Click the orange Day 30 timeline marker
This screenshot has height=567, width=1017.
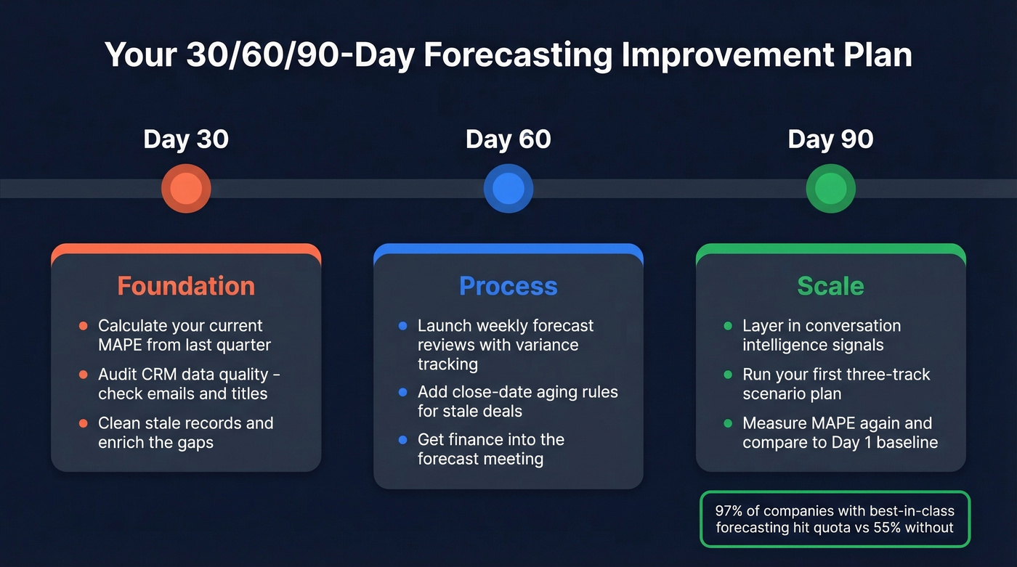(x=186, y=189)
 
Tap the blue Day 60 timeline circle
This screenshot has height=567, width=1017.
(x=508, y=189)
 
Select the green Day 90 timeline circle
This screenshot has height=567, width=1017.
(x=830, y=189)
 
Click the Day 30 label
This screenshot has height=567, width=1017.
(x=186, y=139)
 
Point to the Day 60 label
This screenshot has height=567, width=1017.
(x=508, y=139)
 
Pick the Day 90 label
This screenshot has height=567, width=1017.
(x=830, y=139)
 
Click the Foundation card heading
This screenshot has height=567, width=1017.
(x=186, y=286)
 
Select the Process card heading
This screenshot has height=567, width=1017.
(x=508, y=286)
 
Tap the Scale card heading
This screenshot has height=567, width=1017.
(x=830, y=286)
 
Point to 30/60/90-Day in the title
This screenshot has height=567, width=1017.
(x=279, y=55)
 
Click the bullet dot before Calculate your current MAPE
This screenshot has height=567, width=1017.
(x=83, y=327)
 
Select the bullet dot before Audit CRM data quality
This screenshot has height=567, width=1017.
(x=83, y=375)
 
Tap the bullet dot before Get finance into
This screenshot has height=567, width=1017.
(x=402, y=440)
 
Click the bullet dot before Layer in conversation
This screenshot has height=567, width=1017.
(x=728, y=327)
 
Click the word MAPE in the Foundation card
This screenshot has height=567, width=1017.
(x=122, y=345)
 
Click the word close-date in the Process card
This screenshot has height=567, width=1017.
(x=484, y=392)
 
